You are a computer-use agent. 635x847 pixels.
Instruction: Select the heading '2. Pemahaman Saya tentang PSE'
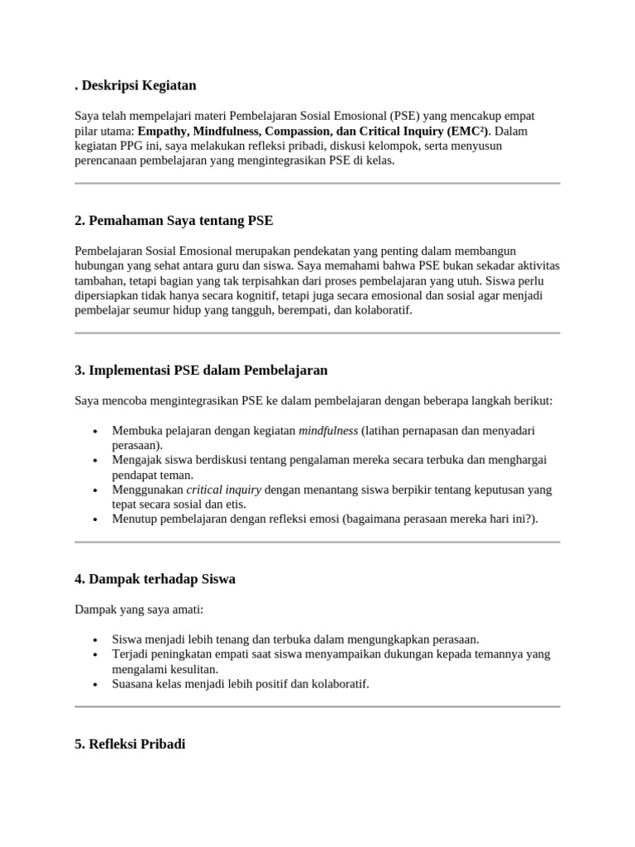point(174,221)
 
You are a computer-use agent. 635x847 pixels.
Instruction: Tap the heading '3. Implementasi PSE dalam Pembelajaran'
point(201,370)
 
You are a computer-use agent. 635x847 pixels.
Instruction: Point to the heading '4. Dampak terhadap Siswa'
point(155,579)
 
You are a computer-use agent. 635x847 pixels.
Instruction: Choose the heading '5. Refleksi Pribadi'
point(130,721)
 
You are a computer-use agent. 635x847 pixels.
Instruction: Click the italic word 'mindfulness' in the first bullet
point(328,431)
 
